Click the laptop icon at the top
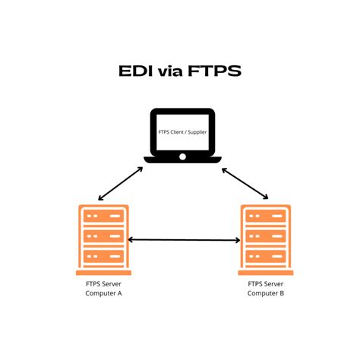(182, 136)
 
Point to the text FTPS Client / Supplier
(182, 131)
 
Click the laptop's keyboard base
(182, 158)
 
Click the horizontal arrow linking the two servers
(184, 240)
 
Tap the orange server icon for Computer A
(103, 239)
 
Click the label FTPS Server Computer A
(102, 289)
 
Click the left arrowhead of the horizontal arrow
(132, 240)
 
